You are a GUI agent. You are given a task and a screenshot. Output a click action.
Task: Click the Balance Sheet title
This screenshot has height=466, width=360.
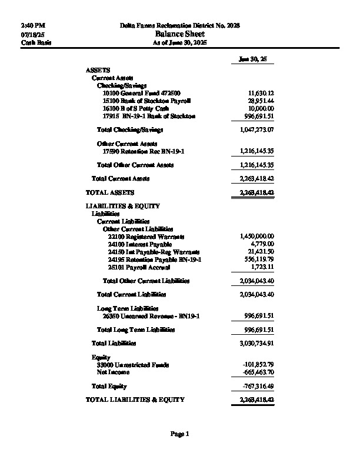pos(180,34)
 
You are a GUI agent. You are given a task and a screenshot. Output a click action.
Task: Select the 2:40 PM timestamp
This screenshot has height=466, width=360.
pos(33,26)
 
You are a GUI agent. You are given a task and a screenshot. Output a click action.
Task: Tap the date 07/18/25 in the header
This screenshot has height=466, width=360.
pos(32,35)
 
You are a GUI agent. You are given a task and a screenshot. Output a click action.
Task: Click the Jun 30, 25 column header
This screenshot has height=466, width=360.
pos(253,59)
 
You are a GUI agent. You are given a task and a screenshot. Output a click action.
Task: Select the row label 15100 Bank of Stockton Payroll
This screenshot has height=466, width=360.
pos(146,101)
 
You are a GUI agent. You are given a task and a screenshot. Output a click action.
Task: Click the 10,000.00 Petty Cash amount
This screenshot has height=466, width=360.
pos(261,109)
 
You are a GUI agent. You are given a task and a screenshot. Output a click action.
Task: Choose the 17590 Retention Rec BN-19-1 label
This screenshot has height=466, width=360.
pos(144,151)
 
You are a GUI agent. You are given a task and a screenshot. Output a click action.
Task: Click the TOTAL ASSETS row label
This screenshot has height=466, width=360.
pos(110,192)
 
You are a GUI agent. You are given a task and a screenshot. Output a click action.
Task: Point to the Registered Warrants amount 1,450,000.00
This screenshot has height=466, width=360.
pos(257,236)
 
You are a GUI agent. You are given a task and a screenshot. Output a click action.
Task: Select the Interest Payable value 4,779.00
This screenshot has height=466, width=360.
pos(262,244)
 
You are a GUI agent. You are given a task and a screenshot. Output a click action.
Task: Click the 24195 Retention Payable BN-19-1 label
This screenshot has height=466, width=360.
pos(155,259)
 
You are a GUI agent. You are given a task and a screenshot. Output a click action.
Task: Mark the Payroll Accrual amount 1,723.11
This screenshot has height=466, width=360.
pos(262,267)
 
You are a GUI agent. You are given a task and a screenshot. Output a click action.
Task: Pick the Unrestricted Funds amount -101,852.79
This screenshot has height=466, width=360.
pos(259,365)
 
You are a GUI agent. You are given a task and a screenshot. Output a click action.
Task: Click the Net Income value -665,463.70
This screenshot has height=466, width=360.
pos(259,372)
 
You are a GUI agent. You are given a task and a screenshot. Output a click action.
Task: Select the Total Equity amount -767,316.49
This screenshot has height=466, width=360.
pos(259,387)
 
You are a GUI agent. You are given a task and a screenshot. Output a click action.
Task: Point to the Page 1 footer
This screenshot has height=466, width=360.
pos(180,434)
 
